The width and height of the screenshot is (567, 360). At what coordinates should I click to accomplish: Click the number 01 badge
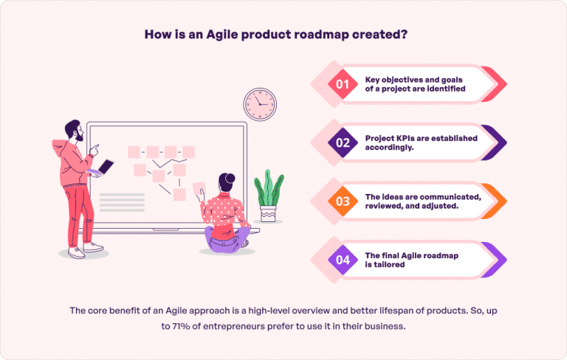point(342,84)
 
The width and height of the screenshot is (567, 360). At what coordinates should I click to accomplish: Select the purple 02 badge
point(342,143)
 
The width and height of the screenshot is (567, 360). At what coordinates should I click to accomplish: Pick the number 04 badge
point(342,260)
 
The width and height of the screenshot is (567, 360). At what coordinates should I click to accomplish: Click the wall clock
point(259,104)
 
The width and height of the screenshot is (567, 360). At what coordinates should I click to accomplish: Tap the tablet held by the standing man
point(106,167)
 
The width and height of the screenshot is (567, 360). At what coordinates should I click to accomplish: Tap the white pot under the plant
point(269,214)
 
